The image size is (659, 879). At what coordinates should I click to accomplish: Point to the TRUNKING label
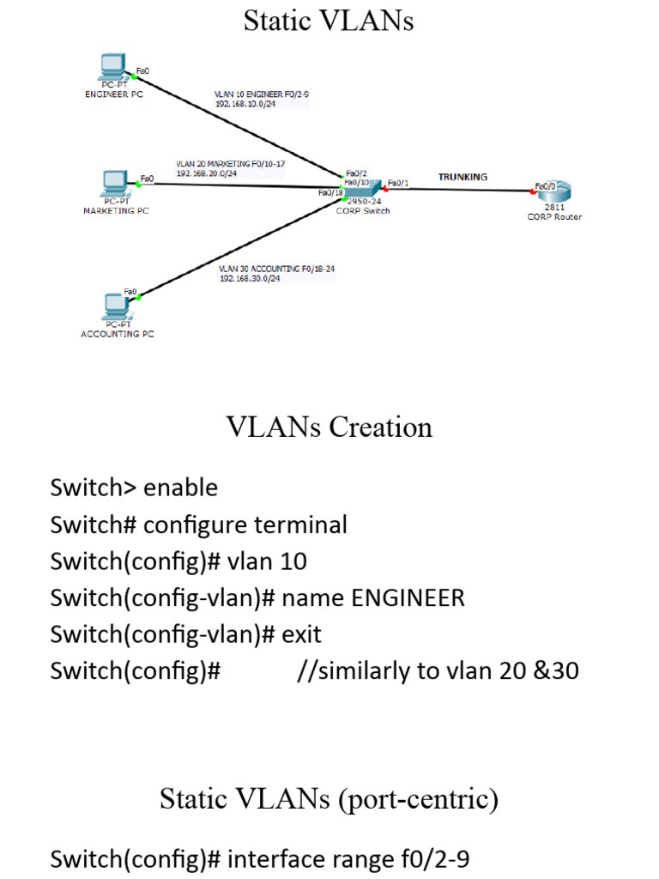point(463,177)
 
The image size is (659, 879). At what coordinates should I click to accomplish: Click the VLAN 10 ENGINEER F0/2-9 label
point(262,94)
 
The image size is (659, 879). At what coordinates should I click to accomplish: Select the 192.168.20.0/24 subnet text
point(206,173)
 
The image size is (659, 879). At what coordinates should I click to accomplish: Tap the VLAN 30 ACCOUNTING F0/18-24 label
point(276,269)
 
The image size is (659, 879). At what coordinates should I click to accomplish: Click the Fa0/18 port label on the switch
point(330,193)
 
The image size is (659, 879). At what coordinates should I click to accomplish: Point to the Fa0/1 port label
point(399,182)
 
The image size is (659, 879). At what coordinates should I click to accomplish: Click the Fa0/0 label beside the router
point(546,185)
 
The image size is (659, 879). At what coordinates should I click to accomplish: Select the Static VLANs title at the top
point(329,21)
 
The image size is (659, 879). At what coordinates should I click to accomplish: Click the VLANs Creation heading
point(329,427)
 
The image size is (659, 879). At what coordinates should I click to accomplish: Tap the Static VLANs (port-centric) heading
point(329,799)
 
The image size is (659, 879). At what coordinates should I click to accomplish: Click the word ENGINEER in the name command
point(408,597)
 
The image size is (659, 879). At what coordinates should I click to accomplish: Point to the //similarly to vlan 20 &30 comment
point(437,670)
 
